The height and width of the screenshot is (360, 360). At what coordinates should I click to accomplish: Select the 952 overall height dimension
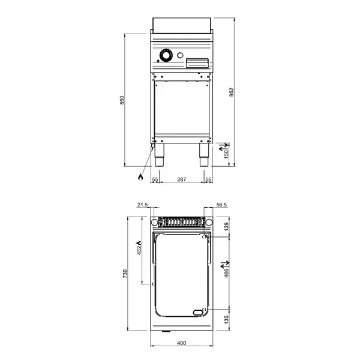[x=231, y=92]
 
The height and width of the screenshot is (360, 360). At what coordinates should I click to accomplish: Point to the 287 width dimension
[x=181, y=179]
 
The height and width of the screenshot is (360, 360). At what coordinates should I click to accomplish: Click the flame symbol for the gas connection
[x=140, y=177]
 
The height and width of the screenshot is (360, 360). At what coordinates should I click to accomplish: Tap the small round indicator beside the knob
[x=179, y=56]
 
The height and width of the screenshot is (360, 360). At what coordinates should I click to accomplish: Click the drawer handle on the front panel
[x=197, y=62]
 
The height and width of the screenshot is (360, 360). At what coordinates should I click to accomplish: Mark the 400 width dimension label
[x=182, y=343]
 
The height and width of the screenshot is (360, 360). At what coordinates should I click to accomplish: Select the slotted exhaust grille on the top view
[x=181, y=221]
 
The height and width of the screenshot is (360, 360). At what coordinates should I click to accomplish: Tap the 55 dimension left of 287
[x=154, y=179]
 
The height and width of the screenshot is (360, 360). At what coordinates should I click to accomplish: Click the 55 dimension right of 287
[x=208, y=179]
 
